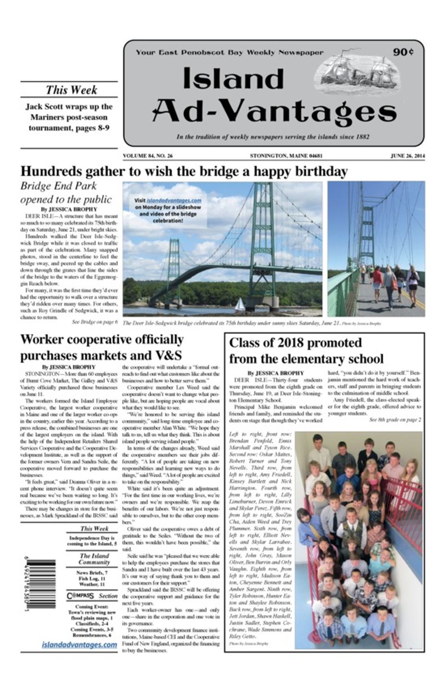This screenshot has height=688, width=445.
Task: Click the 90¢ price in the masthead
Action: (x=403, y=51)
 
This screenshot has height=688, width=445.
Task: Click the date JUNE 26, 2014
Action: (x=407, y=156)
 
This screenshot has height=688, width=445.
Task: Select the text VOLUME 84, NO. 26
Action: (x=148, y=156)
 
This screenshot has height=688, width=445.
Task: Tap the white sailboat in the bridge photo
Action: (x=239, y=304)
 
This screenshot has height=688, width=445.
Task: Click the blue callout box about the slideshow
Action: (x=168, y=211)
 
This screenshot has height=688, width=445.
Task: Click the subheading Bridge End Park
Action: (x=58, y=186)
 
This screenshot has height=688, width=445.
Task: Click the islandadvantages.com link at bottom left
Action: (x=79, y=645)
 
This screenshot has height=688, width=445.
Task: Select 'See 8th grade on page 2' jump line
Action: (x=394, y=420)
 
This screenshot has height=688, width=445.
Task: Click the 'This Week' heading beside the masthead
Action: (x=71, y=90)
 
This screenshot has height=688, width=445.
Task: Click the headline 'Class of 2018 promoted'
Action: (x=295, y=343)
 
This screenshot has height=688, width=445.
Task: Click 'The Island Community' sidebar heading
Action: (x=94, y=559)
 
